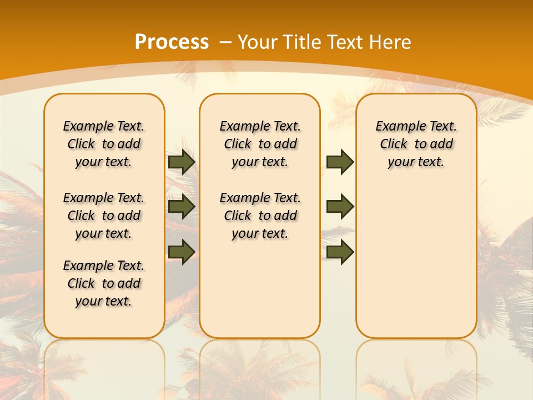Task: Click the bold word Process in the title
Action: click(x=172, y=42)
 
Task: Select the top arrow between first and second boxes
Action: click(x=182, y=162)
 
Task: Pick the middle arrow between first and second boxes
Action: click(x=182, y=207)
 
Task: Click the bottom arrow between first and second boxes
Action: click(x=182, y=252)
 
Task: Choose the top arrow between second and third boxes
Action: click(x=340, y=162)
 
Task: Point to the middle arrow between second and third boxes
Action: click(x=340, y=207)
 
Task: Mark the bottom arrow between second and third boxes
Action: click(x=340, y=252)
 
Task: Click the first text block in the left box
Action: click(x=104, y=144)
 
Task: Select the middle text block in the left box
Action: click(x=104, y=216)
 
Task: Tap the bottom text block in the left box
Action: click(x=104, y=283)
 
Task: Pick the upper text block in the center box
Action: click(x=260, y=144)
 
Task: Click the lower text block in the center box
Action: click(x=260, y=216)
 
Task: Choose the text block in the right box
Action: click(x=416, y=144)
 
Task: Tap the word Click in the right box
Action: click(x=394, y=144)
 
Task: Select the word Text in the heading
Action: click(x=344, y=42)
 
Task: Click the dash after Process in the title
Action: click(x=226, y=42)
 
